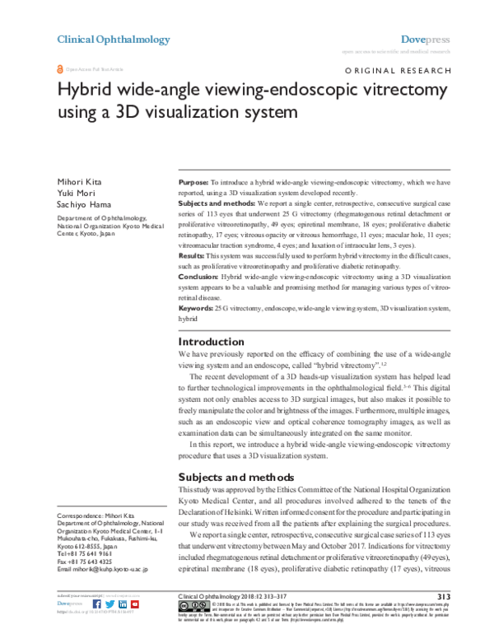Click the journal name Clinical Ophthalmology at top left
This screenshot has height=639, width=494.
point(113,39)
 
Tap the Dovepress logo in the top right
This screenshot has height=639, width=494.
point(425,39)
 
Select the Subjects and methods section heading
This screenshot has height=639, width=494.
point(235,476)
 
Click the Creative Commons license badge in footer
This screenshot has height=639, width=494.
point(193,608)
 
